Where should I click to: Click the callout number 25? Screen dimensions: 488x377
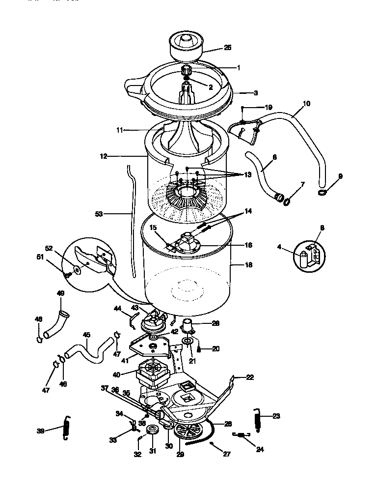point(227,48)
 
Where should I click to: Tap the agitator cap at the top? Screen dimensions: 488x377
point(188,45)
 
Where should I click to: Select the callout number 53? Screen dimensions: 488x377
point(100,214)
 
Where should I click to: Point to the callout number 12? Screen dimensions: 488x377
point(103,157)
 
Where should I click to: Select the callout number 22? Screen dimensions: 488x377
point(250,377)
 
